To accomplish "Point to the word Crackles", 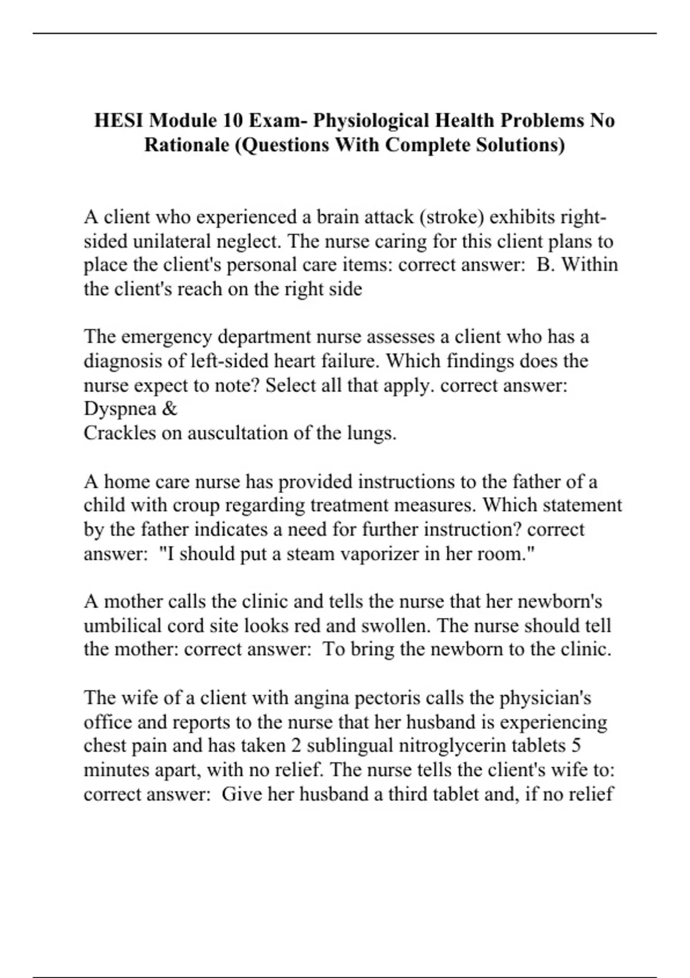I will [120, 433].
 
